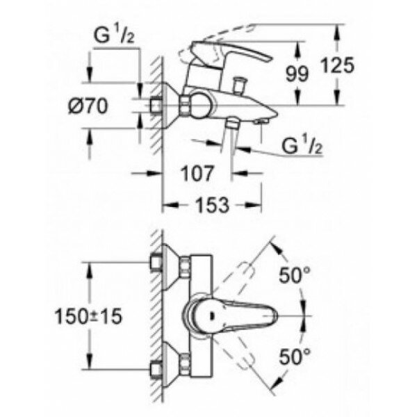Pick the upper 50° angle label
coord(297,275)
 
